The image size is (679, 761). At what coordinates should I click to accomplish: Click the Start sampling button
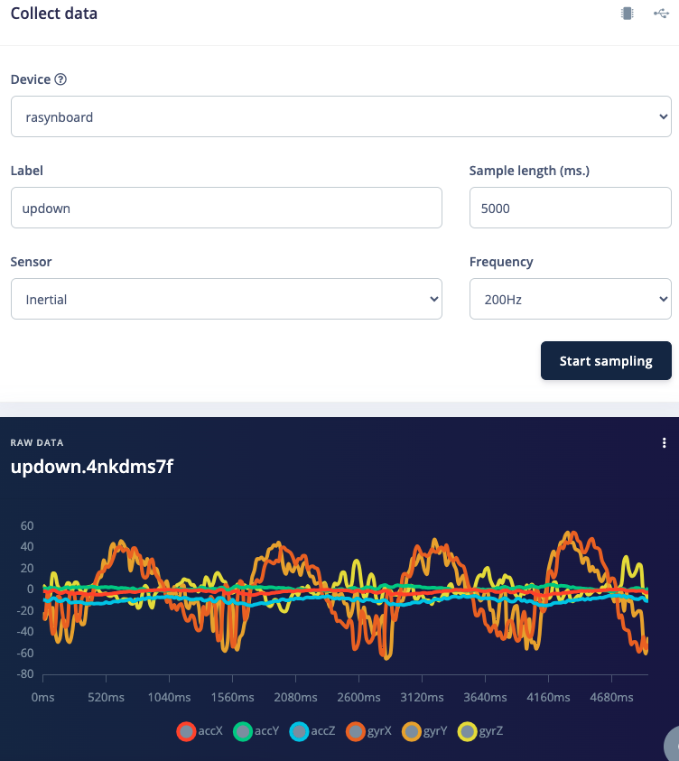(606, 361)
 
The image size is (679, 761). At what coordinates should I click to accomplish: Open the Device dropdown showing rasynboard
(340, 116)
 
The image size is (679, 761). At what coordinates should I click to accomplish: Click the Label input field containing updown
(226, 208)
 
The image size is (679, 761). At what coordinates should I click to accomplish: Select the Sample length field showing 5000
(570, 208)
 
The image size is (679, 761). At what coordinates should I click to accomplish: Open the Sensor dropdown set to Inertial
(226, 299)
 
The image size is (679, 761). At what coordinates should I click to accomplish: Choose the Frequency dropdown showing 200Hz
(570, 299)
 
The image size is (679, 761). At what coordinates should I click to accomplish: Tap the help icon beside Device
(60, 79)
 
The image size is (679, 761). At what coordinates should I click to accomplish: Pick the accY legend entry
(256, 731)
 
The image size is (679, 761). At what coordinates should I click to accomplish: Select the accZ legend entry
(313, 731)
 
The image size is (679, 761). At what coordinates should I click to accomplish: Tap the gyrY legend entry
(425, 731)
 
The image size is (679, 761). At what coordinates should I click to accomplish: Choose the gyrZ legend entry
(481, 731)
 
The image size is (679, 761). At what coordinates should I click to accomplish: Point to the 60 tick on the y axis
(26, 525)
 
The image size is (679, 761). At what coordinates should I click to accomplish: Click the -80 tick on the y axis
(24, 673)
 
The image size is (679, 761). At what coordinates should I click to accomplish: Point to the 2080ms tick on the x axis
(295, 698)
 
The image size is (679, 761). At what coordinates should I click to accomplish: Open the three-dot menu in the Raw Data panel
(665, 442)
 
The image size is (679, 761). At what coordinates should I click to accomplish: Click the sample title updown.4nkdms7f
(91, 468)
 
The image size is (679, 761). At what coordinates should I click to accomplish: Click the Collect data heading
(54, 14)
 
